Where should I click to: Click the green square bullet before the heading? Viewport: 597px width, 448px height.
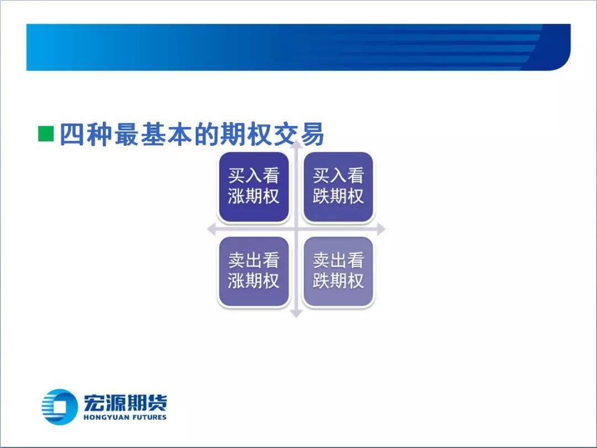point(46,134)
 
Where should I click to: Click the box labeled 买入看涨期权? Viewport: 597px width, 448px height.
point(254,187)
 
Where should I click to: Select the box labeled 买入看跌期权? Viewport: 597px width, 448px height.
point(338,187)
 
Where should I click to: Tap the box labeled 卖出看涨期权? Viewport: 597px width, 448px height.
point(254,271)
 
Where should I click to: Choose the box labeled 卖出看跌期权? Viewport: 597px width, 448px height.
point(338,271)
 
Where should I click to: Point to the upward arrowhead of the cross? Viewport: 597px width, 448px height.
point(296,144)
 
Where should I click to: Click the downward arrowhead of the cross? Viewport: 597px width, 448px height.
point(296,314)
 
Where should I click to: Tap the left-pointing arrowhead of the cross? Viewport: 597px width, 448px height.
point(211,229)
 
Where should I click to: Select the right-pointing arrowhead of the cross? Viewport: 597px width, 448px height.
point(381,229)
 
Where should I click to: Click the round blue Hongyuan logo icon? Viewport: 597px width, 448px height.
point(58,407)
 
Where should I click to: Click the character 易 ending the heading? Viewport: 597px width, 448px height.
point(312,134)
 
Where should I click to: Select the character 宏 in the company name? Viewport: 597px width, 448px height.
point(93,403)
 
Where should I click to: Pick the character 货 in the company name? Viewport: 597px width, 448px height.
point(157,403)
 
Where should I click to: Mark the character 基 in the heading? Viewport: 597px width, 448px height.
point(153,134)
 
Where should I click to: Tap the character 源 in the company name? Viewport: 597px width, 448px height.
point(114,403)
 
